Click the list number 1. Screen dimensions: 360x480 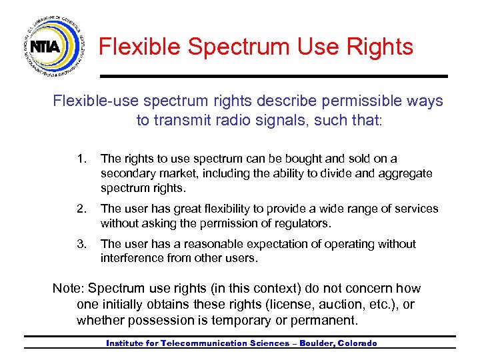[x=81, y=159]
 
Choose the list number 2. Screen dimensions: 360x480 [x=81, y=209]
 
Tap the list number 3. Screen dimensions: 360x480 [x=81, y=244]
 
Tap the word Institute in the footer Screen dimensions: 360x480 [x=129, y=343]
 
